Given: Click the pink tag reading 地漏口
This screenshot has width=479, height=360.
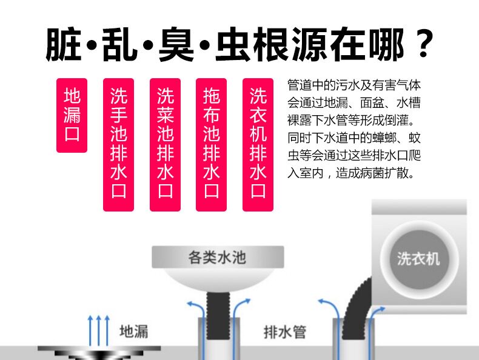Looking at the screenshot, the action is click(x=72, y=115).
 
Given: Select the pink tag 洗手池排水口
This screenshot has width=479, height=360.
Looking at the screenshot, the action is click(x=118, y=144).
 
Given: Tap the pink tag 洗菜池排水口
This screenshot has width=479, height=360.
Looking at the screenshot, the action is click(x=165, y=144).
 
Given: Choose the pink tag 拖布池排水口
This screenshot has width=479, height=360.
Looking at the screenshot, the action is click(x=212, y=144).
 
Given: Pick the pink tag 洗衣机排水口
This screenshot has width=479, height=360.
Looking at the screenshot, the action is click(x=258, y=144).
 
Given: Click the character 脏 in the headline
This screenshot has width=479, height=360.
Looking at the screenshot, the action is click(x=62, y=44).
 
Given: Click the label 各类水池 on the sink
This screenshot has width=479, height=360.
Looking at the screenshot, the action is click(x=217, y=257).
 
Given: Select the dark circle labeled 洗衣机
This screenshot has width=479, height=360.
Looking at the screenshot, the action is click(x=418, y=259).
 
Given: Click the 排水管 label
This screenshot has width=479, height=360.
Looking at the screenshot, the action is click(x=285, y=332).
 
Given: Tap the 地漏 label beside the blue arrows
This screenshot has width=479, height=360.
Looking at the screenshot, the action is click(x=133, y=332).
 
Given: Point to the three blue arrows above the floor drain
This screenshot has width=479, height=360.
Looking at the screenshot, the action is click(x=98, y=327).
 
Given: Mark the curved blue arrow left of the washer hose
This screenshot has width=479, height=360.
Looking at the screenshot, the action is click(x=327, y=309).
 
